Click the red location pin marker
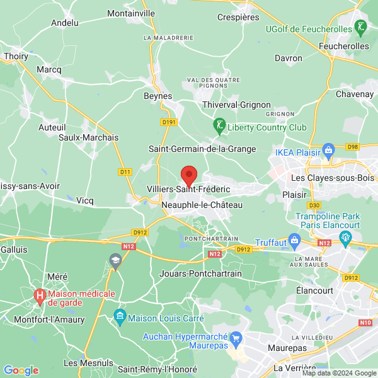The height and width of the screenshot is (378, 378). click(188, 175)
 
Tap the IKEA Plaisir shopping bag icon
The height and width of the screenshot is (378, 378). click(328, 150)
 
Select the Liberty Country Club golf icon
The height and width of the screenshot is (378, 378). click(219, 126)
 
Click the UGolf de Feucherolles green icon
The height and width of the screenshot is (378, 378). click(360, 27)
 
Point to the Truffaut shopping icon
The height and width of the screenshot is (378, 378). click(294, 240)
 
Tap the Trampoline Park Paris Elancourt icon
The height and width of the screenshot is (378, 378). click(345, 238)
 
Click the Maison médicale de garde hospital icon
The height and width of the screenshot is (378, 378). click(40, 294)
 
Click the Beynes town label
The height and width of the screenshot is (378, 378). click(158, 96)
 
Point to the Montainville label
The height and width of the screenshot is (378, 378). click(131, 13)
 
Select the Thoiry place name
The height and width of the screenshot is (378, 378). click(16, 56)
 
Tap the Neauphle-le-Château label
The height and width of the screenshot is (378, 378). click(193, 205)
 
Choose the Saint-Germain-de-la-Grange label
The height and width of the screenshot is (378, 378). click(202, 149)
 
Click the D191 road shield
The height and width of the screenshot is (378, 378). click(168, 122)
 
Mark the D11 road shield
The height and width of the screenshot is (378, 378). click(125, 171)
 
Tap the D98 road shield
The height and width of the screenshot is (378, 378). click(353, 147)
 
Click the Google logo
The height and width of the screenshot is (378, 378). click(21, 370)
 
